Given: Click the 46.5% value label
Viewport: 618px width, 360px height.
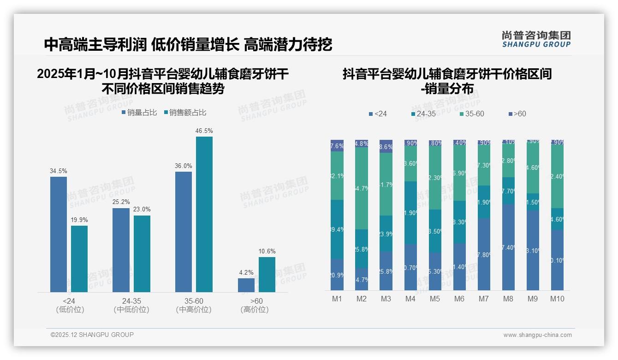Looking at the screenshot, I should tap(204, 131).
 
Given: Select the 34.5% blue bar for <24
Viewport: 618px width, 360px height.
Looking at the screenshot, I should tap(59, 234).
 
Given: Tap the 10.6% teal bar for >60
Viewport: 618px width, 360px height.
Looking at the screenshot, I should tap(267, 274).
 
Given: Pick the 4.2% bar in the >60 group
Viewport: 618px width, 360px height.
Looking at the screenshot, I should tap(246, 285).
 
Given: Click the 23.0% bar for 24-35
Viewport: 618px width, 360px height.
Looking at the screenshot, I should tap(142, 253).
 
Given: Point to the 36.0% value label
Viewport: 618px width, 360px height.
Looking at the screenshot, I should tap(184, 166).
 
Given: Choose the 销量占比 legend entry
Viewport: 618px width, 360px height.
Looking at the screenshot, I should tap(139, 113).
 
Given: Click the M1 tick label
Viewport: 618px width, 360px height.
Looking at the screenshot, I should tap(337, 299).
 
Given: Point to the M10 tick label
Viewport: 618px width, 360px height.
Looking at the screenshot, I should tap(557, 299).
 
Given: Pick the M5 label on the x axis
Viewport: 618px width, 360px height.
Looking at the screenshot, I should tap(435, 299).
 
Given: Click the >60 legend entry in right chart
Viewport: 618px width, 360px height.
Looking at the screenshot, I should tap(517, 114).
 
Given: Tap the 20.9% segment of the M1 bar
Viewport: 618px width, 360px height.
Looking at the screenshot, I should tap(337, 275).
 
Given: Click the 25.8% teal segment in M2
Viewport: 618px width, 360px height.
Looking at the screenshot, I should tap(362, 249).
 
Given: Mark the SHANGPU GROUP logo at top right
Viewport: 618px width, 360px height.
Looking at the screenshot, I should tap(536, 39).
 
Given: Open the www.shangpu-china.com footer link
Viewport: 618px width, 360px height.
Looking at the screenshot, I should tap(537, 335).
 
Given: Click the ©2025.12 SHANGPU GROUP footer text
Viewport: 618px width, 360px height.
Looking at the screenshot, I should tap(92, 335).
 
